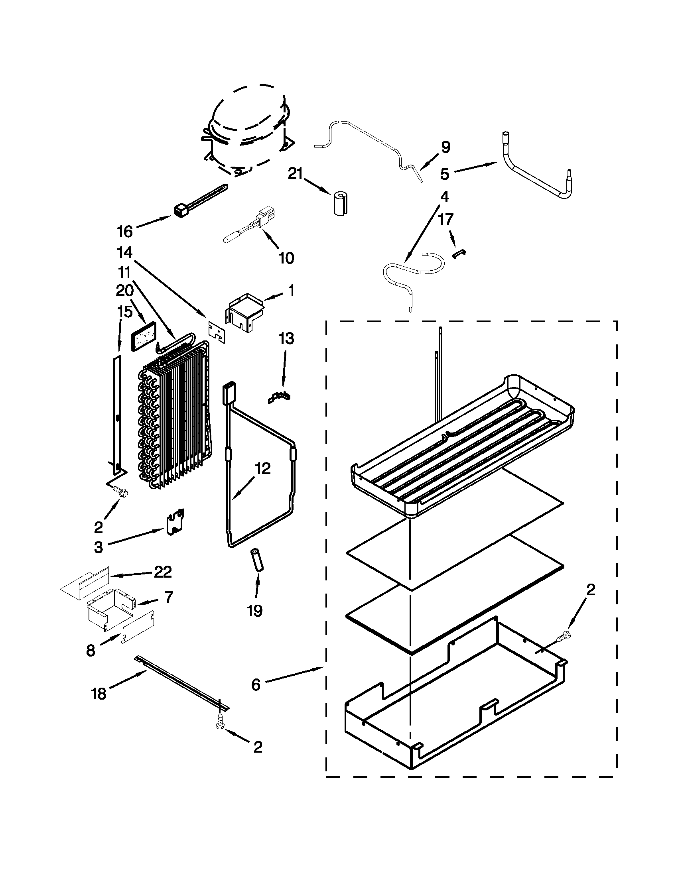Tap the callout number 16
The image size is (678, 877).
[x=124, y=232]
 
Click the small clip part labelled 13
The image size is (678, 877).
[x=280, y=397]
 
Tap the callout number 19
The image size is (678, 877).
[x=255, y=611]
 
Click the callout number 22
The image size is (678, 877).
[x=163, y=572]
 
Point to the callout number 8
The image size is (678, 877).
[x=91, y=651]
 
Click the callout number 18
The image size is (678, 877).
[x=99, y=694]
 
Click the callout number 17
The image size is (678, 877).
[x=446, y=220]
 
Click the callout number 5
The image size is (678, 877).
[x=444, y=174]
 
